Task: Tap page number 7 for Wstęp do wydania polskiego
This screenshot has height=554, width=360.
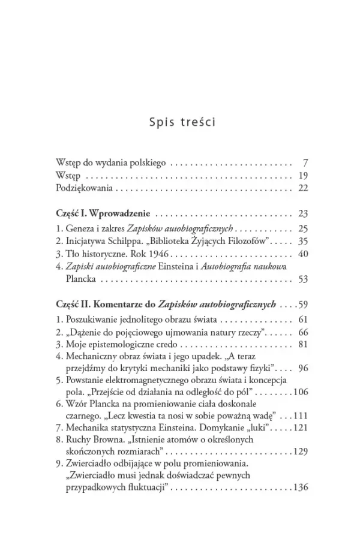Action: (305, 163)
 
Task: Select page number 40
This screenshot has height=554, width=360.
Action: (302, 254)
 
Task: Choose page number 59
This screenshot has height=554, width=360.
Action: (302, 305)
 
